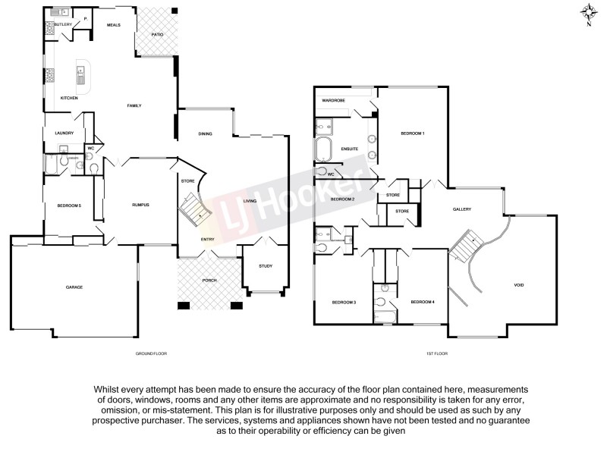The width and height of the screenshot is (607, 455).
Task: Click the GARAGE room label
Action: pos(74,287)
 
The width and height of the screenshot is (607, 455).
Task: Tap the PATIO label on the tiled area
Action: pos(157,34)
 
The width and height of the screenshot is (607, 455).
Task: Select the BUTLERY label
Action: pos(63,25)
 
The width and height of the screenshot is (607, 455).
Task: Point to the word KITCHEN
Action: pos(69,98)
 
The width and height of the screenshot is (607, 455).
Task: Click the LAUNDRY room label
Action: pos(64,133)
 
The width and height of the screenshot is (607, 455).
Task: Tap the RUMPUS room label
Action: pos(140,205)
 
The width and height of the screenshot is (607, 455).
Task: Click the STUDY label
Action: pos(265,266)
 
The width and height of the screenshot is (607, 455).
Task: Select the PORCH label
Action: pos(209,280)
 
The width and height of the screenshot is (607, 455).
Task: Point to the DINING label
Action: pos(205,134)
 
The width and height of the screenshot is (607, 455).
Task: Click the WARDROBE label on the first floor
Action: pos(335,100)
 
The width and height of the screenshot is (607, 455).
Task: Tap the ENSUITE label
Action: pos(350,149)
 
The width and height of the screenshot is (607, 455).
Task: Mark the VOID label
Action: pos(519,285)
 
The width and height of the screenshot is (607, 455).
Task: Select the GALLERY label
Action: pos(462,210)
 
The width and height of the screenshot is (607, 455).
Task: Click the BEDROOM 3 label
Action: pos(344,303)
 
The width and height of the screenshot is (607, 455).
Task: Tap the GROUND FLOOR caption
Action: pos(150,354)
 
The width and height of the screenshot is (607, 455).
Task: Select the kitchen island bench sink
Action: pos(80,76)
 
